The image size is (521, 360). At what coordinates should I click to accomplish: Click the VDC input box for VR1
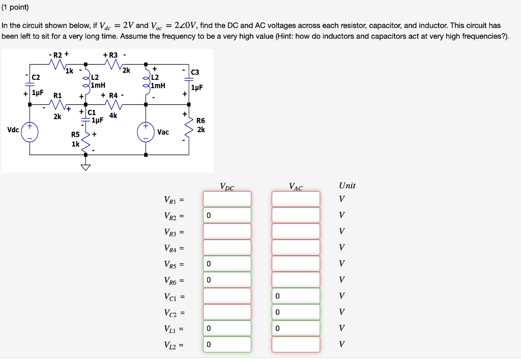[x=227, y=199]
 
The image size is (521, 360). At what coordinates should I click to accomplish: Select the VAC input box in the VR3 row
[x=296, y=231]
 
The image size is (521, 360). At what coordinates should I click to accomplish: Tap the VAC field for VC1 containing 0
[x=296, y=296]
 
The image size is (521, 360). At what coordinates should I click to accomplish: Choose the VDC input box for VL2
[x=227, y=344]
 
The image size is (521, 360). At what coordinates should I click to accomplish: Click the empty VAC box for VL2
[x=296, y=344]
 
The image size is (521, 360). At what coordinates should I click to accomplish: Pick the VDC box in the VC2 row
[x=227, y=312]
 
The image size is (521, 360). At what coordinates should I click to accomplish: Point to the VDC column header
[x=227, y=187]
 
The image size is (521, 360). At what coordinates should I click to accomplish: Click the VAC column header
[x=295, y=187]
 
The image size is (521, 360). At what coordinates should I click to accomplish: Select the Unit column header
[x=347, y=186]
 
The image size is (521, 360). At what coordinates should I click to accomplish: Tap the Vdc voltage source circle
[x=29, y=131]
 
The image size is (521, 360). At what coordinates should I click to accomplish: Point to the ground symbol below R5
[x=85, y=167]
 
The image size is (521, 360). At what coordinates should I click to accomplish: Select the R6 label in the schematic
[x=200, y=121]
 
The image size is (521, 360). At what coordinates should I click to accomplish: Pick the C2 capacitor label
[x=36, y=77]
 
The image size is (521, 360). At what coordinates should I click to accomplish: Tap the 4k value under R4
[x=113, y=115]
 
